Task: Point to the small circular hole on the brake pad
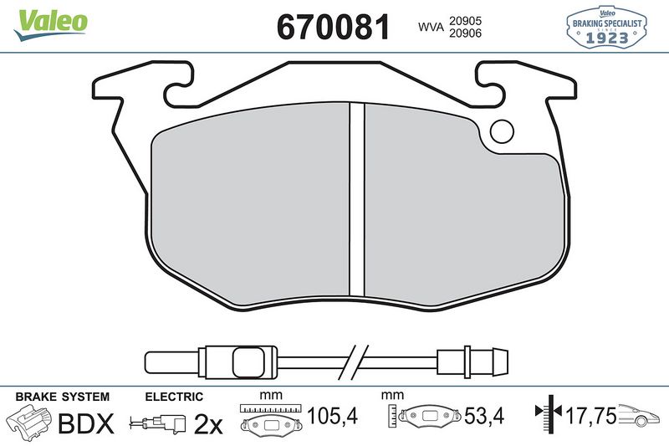(x=503, y=131)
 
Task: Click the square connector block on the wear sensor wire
(x=247, y=363)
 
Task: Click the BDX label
(x=84, y=424)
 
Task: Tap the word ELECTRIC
(x=175, y=397)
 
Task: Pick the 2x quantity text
(x=207, y=425)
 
